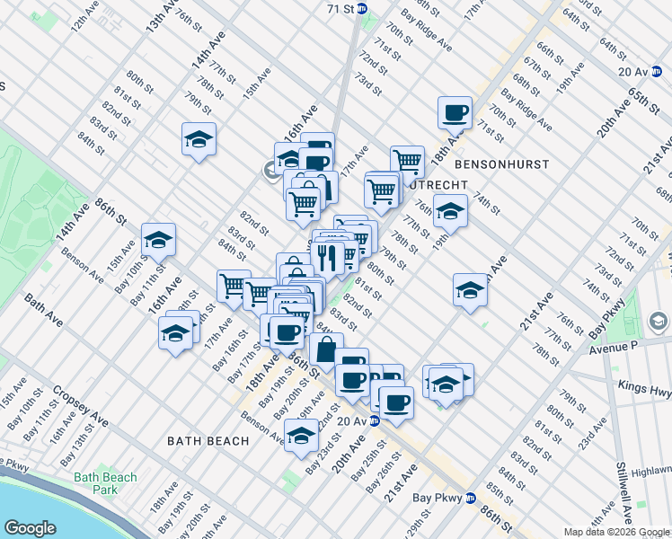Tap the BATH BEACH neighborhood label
[x=201, y=440]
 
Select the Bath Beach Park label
[x=105, y=483]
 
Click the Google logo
[x=31, y=528]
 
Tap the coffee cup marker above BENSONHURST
[x=455, y=113]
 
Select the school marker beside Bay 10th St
[x=158, y=240]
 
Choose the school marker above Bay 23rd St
[x=302, y=437]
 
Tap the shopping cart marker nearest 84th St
[x=234, y=287]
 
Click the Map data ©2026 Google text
[x=615, y=532]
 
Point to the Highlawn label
[x=652, y=472]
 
